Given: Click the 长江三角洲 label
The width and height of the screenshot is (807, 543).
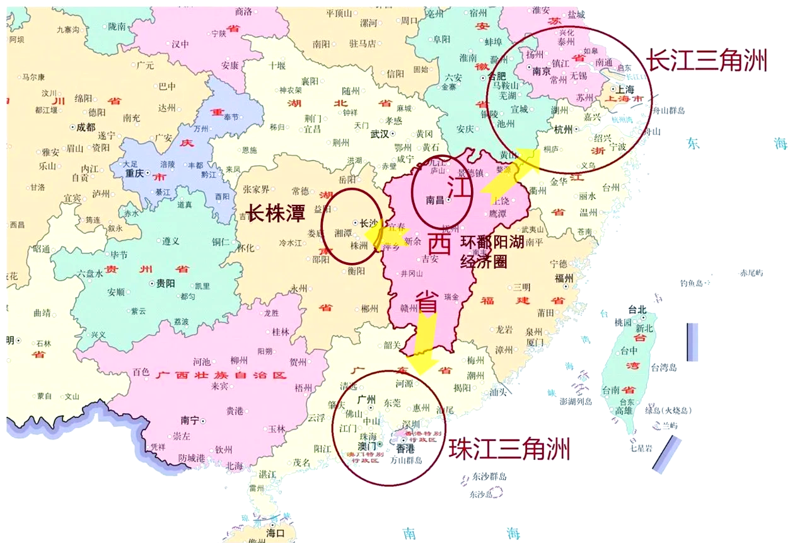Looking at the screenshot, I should [706, 61].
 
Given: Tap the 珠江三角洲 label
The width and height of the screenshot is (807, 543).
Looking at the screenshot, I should [509, 450].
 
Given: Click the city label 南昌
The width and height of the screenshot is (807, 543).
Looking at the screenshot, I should [435, 201].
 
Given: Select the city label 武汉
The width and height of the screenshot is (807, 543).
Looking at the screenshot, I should [380, 134].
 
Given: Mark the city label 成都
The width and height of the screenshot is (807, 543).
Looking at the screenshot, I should [86, 126].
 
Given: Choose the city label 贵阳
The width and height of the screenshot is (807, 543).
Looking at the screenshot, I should [165, 284].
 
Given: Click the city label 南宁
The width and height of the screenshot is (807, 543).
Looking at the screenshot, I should [190, 420].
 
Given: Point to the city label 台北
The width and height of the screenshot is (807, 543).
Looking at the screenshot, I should [637, 310].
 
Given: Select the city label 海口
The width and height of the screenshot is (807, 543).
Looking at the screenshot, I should [276, 534].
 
